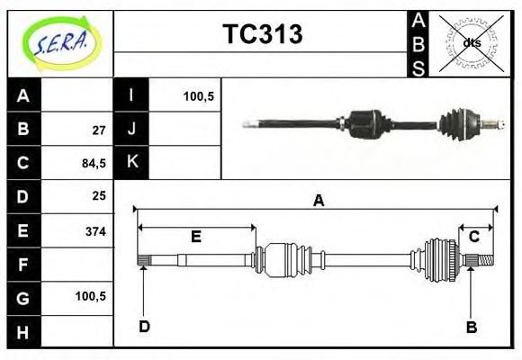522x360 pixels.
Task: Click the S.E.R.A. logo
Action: point(59,41)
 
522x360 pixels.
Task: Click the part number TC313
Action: point(262,34)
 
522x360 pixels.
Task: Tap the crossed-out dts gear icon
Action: point(471,42)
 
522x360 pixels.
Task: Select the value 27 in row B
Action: point(99,130)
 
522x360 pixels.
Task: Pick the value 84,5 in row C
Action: point(94,163)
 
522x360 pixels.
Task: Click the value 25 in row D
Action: point(99,195)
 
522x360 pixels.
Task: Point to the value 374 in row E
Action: point(95,231)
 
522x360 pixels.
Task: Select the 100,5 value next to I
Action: point(198,95)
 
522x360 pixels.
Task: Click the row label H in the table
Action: point(23,332)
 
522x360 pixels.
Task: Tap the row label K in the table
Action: point(132,162)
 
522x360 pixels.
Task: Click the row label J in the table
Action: point(132,129)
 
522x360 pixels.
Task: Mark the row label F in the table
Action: point(23,265)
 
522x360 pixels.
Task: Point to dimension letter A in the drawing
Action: point(317,201)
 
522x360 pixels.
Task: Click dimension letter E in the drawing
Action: point(195,237)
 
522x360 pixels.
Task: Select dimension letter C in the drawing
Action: point(473,237)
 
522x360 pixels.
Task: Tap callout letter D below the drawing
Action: point(144,326)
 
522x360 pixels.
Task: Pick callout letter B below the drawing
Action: point(472,327)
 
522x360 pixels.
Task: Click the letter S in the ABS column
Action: point(418,67)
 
